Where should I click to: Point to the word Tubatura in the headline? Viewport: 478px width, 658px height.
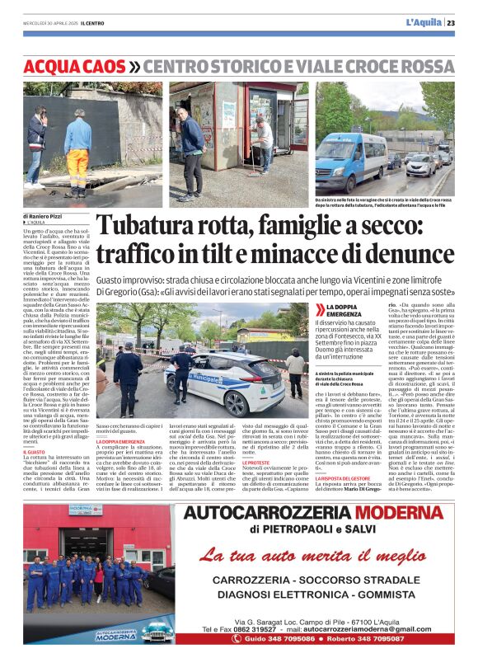[x=146, y=228]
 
